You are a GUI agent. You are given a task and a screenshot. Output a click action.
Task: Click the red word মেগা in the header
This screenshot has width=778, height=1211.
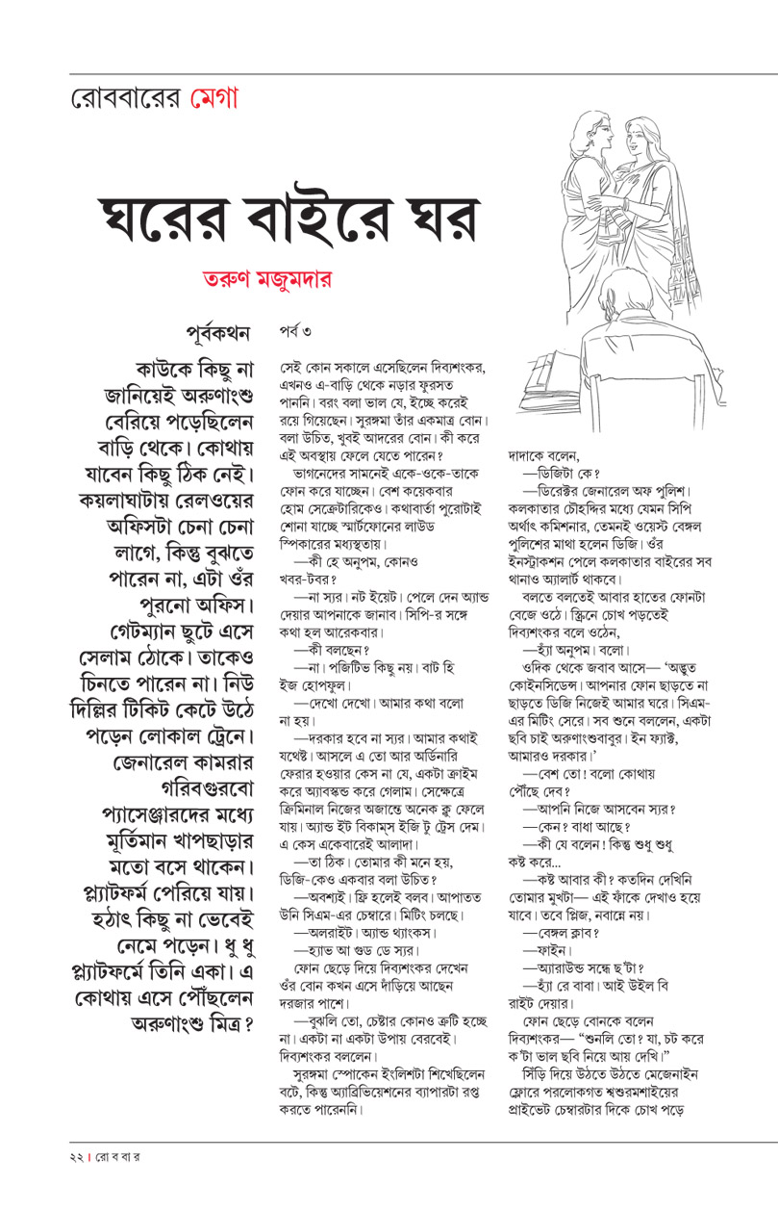[x=213, y=98]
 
